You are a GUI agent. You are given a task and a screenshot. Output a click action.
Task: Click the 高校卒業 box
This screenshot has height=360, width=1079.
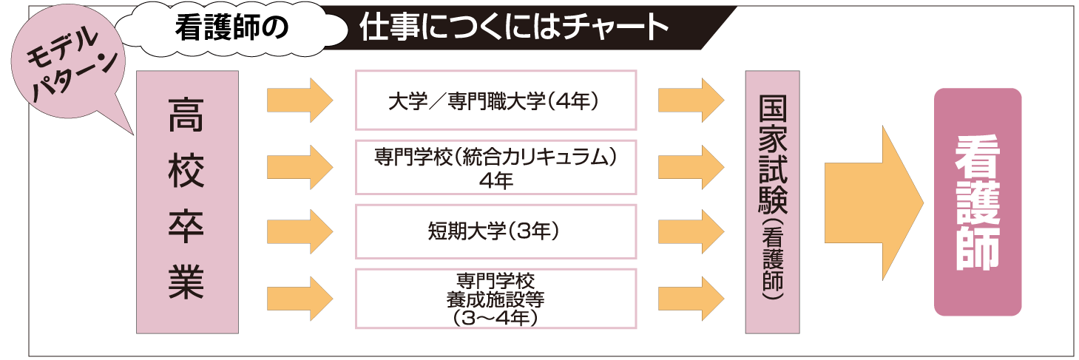[187, 201]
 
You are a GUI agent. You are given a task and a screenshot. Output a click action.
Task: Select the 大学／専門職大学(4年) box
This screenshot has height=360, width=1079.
[495, 101]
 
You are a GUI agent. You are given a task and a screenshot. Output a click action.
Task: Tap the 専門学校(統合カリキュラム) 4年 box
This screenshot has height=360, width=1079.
[495, 167]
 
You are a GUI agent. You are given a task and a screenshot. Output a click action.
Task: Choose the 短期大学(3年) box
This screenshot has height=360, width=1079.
[495, 231]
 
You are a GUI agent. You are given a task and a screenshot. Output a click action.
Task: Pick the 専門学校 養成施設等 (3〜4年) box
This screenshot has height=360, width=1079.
[495, 299]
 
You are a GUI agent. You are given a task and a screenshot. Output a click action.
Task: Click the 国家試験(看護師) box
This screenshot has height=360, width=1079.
[772, 201]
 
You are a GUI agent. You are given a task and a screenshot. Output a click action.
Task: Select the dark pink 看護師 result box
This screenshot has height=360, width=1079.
[977, 202]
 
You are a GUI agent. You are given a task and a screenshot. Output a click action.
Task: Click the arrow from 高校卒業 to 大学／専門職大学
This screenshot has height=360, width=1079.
[300, 100]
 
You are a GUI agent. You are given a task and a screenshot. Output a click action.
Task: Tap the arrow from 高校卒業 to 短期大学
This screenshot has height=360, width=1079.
[300, 231]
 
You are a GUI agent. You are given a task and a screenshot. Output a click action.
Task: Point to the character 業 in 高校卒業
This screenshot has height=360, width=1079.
[186, 285]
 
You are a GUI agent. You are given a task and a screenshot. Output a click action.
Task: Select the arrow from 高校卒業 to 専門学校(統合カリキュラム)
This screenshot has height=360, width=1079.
[300, 167]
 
